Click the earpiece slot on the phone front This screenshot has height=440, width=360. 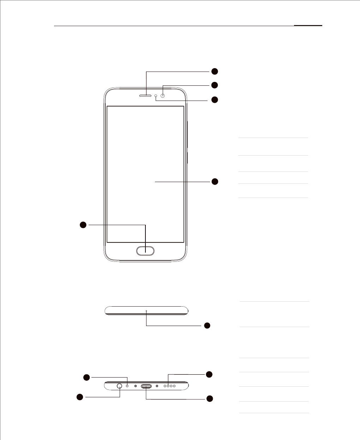point(146,96)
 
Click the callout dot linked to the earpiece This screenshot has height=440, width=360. point(215,71)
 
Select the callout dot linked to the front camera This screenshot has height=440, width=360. point(215,85)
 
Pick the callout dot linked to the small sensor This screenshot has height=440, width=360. point(215,100)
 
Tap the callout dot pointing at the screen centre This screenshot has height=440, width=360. point(215,182)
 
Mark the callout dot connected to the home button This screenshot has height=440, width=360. point(83,224)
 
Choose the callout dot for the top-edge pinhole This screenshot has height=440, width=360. point(207,325)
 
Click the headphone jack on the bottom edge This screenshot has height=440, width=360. point(120,386)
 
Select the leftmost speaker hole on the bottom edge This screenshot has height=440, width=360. point(165,386)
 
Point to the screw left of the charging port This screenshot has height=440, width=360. point(136,386)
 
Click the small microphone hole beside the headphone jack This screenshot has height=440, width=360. point(127,386)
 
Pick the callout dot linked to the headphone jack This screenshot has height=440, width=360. point(80,397)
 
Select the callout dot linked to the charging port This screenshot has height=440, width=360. point(210,399)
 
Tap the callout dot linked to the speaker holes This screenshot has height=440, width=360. point(209,374)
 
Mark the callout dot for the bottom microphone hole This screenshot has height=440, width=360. point(86,378)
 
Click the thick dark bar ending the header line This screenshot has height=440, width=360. point(308,25)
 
